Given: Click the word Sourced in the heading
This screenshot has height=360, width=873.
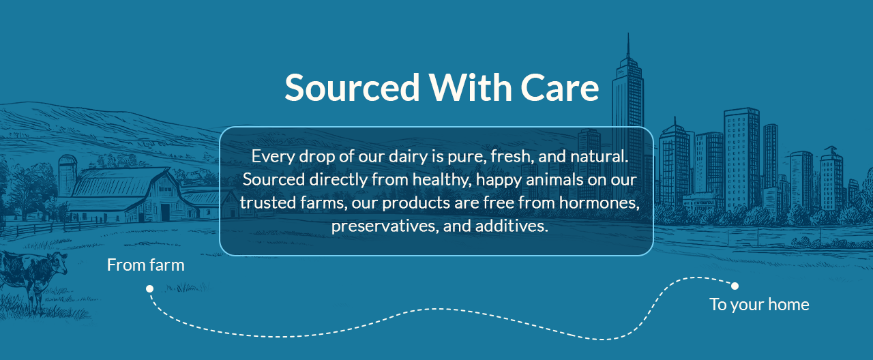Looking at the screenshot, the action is point(352,88).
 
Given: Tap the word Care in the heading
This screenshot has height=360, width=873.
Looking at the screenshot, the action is point(560,88).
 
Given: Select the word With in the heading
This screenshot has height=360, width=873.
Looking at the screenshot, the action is point(471,88).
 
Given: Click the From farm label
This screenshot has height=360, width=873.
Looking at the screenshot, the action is point(146,265).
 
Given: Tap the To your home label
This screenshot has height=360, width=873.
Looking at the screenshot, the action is point(759,305).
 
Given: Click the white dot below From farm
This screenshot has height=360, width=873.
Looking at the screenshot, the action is point(149,288).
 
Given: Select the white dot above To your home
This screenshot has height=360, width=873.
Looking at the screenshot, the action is point(735,286).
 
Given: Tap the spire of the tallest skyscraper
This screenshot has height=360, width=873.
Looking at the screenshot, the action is point(628,46).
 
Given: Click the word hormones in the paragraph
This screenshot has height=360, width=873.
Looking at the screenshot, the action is point(600,202).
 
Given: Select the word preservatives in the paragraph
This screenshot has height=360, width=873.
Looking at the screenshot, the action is point(385,226).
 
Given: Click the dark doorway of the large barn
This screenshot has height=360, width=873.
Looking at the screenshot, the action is point(165,212).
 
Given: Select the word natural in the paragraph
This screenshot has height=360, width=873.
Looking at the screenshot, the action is point(600,156).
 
